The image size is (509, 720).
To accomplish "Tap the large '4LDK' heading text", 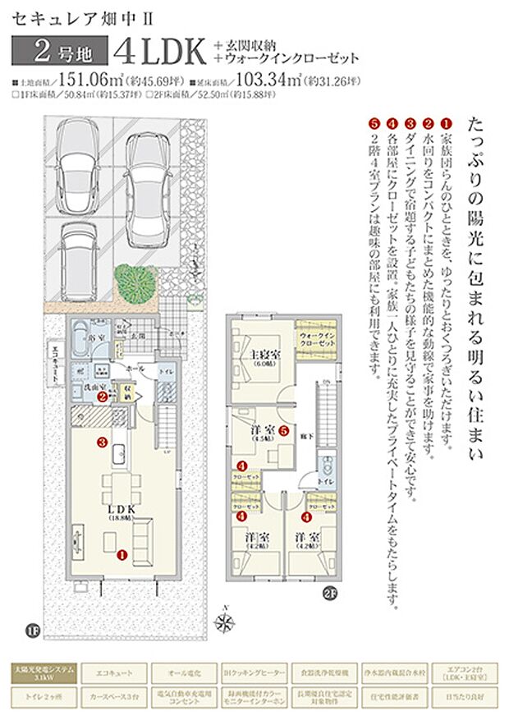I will click(x=161, y=51).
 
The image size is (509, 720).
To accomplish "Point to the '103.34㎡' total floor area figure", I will click(x=264, y=81).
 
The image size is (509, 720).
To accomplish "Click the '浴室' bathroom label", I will click(x=95, y=338).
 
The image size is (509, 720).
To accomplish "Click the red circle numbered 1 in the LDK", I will click(x=122, y=554).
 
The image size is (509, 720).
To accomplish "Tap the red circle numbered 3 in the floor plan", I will click(x=102, y=442).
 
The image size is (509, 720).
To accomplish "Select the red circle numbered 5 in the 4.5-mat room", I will click(x=282, y=429).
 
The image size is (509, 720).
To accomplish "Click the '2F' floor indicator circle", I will click(x=329, y=591).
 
